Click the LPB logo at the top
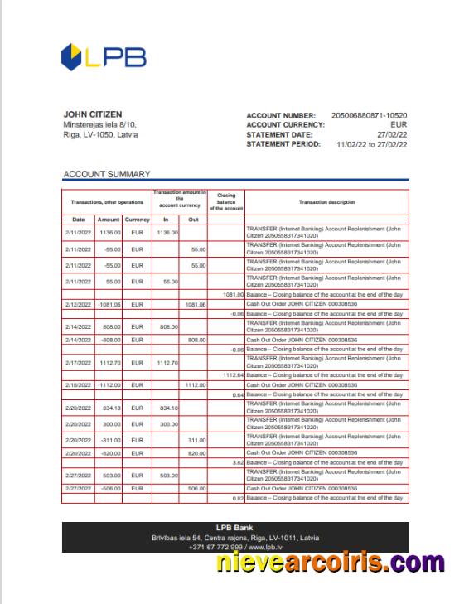104,56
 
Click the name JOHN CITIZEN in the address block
93,114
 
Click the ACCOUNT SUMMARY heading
107,174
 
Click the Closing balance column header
225,202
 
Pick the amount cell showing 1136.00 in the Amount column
108,233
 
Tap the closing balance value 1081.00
232,294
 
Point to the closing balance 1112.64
232,375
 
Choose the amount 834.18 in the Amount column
109,408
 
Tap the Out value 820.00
196,453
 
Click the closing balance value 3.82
237,462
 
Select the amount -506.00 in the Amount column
108,489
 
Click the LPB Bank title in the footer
234,528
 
